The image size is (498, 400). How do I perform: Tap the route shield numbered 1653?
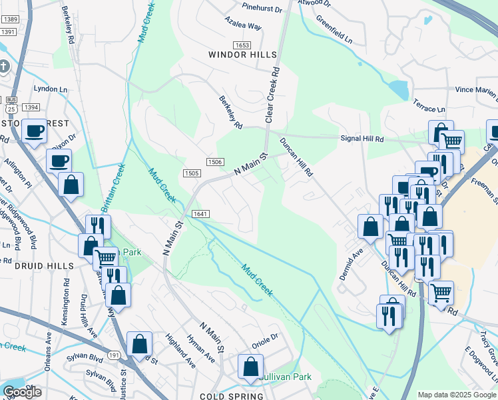click(x=242, y=44)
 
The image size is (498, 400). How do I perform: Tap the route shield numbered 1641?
click(x=200, y=213)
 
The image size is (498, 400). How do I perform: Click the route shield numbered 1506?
click(x=214, y=162)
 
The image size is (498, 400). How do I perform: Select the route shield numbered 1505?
click(x=192, y=173)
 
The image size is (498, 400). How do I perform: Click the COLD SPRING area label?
click(x=231, y=396)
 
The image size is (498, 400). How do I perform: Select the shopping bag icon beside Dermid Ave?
click(x=370, y=227)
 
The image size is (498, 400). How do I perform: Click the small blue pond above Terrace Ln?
click(x=399, y=89)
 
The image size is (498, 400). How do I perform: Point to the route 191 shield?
click(x=114, y=357)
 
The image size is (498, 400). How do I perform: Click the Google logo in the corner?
click(x=22, y=392)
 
